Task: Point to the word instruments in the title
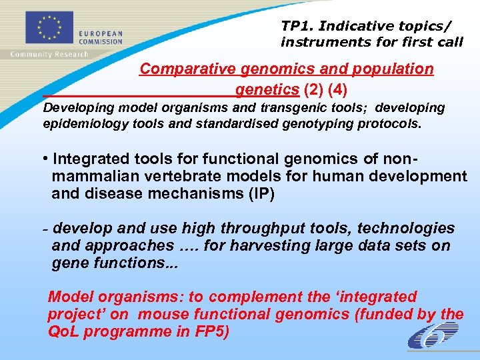click(x=321, y=42)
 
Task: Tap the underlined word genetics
click(x=267, y=89)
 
